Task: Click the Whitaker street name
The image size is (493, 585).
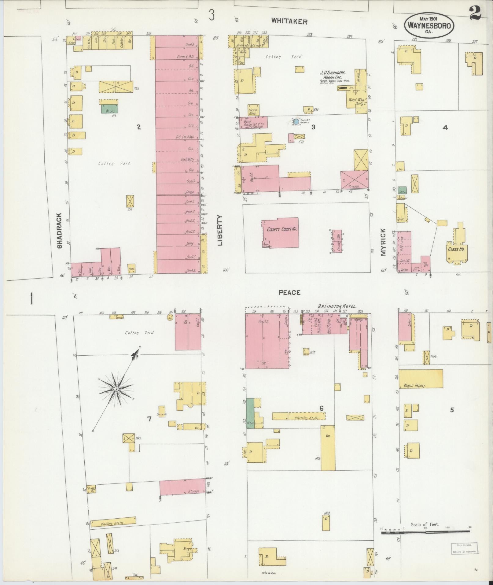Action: tap(289, 21)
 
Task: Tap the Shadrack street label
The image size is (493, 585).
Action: tap(59, 231)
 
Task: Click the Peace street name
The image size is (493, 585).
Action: tap(289, 293)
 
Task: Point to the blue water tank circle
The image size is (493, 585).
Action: tap(296, 122)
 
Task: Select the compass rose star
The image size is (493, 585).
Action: tap(116, 389)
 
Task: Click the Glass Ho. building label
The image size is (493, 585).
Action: tap(456, 250)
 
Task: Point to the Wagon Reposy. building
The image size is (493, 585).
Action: tap(421, 379)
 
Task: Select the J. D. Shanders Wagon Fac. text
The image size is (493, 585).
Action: tap(333, 75)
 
